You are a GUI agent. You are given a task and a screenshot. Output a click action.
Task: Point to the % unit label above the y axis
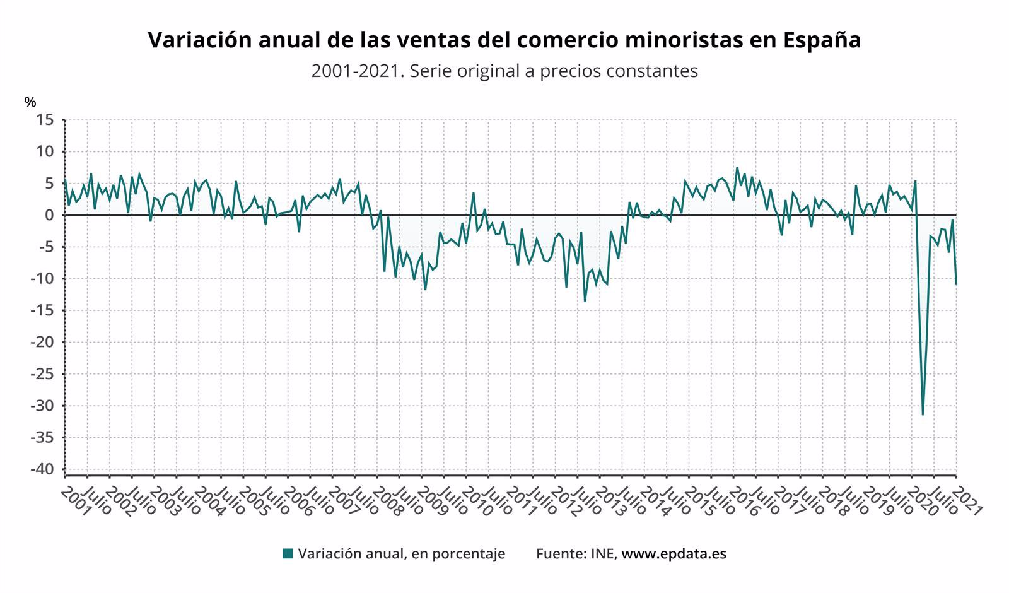click(x=30, y=102)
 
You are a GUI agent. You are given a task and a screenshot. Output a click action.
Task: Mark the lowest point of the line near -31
click(x=923, y=414)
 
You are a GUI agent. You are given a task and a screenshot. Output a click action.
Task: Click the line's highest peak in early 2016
click(x=737, y=168)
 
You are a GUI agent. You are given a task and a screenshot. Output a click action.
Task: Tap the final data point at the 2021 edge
click(x=956, y=283)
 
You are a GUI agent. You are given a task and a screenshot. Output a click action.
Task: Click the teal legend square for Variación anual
click(x=288, y=554)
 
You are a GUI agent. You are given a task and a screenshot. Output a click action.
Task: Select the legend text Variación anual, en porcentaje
click(x=402, y=554)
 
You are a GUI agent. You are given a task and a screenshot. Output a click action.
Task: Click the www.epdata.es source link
click(x=674, y=554)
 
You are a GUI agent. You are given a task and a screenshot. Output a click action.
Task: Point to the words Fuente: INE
click(x=576, y=554)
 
